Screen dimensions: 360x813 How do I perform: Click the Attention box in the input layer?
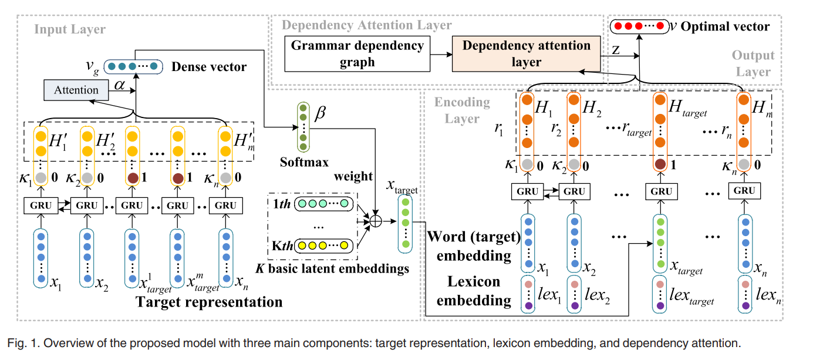(76, 90)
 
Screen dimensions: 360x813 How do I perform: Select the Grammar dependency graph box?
(357, 53)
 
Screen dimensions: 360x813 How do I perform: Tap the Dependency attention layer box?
(526, 53)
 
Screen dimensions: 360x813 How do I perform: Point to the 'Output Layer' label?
(753, 63)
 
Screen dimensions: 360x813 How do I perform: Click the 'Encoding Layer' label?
(462, 110)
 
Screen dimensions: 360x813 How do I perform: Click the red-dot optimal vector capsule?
(638, 26)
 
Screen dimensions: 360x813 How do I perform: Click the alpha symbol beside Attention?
(120, 86)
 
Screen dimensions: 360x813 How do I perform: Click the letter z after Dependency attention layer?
(616, 51)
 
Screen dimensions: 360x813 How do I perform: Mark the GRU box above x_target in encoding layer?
(662, 191)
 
